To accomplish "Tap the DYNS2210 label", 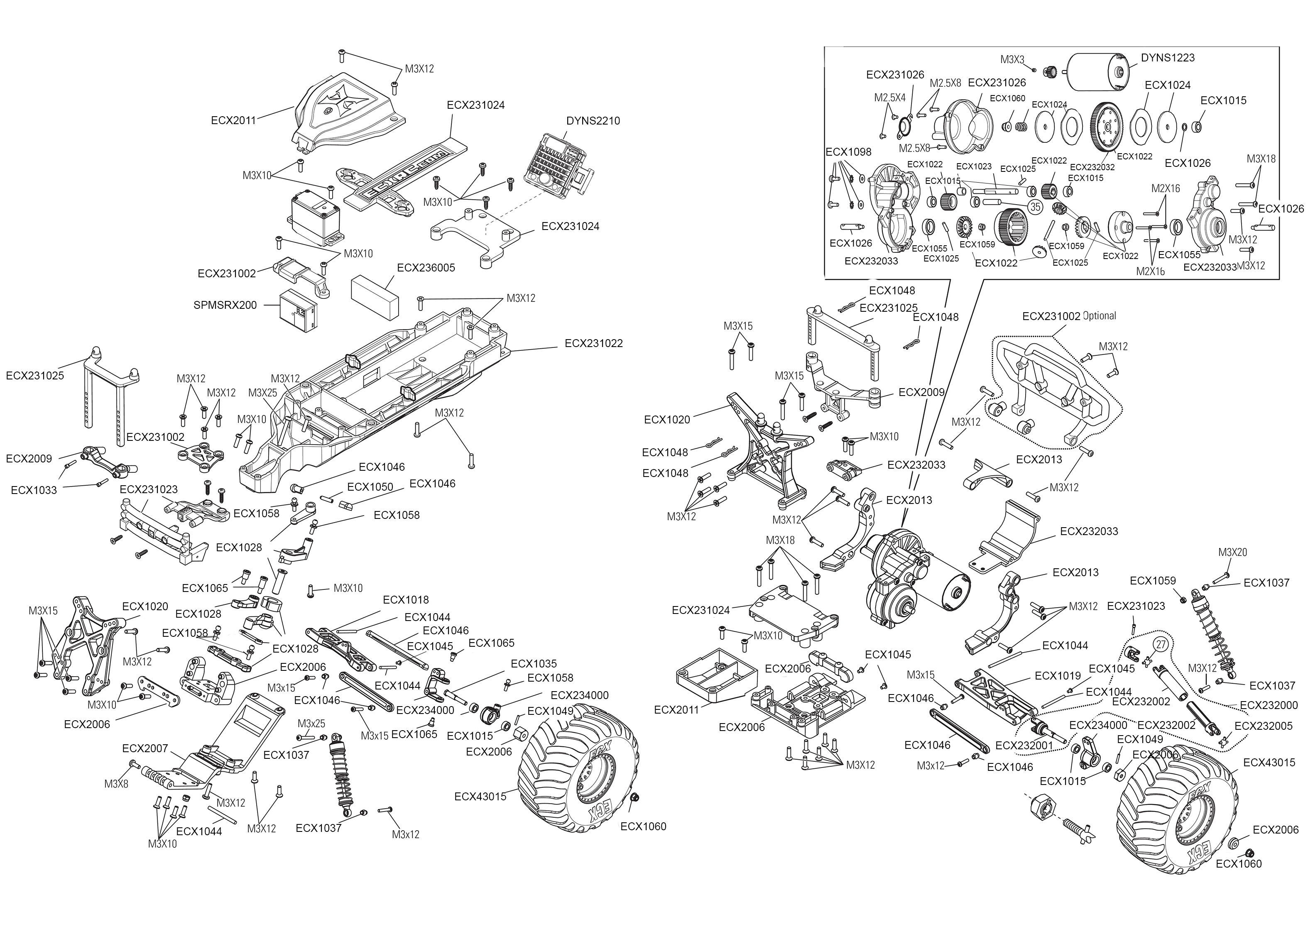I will [593, 121].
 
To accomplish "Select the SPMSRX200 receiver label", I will [225, 306].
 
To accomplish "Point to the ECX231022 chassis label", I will [594, 343].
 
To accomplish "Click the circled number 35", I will [1035, 206].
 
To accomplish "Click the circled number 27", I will [1161, 645].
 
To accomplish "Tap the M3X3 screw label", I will [1012, 59].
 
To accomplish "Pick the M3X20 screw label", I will [1233, 552].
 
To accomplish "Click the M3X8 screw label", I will [116, 783].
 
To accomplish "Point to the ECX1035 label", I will [534, 664].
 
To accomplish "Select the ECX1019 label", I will [1058, 676].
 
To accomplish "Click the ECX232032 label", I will [1092, 167].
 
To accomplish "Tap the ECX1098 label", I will [848, 152].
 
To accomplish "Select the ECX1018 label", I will [406, 600].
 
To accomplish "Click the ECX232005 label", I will [1263, 726].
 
